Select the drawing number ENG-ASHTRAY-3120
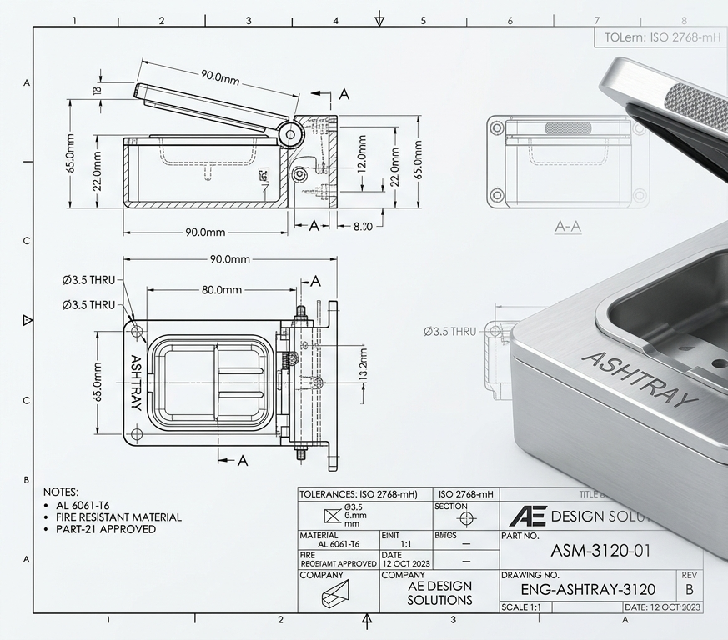point(588,589)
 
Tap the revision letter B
point(689,589)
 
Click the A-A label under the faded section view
point(568,227)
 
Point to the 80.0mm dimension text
point(222,290)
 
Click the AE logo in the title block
point(527,516)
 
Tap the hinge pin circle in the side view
point(290,133)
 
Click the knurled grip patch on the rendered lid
point(696,107)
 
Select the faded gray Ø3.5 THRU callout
point(449,332)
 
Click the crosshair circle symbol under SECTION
point(466,518)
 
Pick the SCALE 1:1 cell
point(521,607)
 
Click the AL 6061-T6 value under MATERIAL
point(339,543)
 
